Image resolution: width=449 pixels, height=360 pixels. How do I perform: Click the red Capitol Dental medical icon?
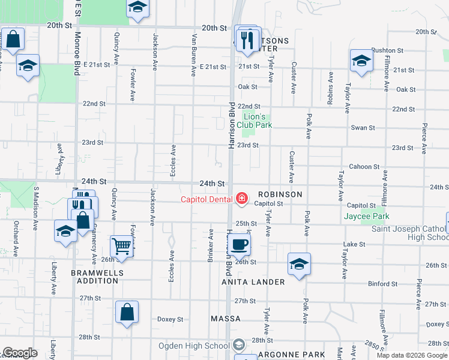[x=242, y=198]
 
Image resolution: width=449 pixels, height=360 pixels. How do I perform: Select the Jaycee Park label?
[x=366, y=216]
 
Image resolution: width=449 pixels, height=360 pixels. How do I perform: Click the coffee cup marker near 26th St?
[x=240, y=244]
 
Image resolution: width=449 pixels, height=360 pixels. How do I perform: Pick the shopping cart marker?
[x=122, y=245]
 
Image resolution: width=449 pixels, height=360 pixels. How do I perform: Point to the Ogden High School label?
[x=194, y=346]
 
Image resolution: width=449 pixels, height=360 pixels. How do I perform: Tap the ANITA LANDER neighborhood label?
[x=253, y=282]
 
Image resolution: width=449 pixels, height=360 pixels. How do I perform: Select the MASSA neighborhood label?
[x=226, y=319]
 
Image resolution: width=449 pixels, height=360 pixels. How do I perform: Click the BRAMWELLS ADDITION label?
[x=97, y=277]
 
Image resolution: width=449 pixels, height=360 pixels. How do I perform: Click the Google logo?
[x=20, y=353]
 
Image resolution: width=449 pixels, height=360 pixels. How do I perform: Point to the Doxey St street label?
[x=170, y=319]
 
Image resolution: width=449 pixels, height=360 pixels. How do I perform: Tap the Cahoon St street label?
[x=364, y=167]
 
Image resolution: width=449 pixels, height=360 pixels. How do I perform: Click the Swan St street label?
[x=363, y=128]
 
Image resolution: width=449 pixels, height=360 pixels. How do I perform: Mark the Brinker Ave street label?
[x=211, y=241]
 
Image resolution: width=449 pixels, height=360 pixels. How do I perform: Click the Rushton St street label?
[x=387, y=50]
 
